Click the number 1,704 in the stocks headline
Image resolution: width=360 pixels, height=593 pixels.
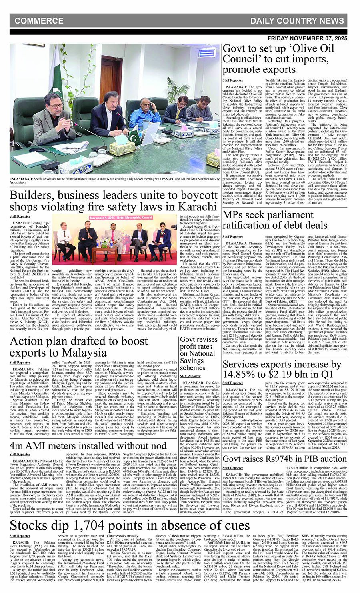[x=88, y=525]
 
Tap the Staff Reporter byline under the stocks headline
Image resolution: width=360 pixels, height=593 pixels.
[x=20, y=535]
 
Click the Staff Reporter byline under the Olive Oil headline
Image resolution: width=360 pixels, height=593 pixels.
[x=233, y=80]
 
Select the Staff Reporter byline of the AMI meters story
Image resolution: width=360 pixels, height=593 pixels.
[x=20, y=454]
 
